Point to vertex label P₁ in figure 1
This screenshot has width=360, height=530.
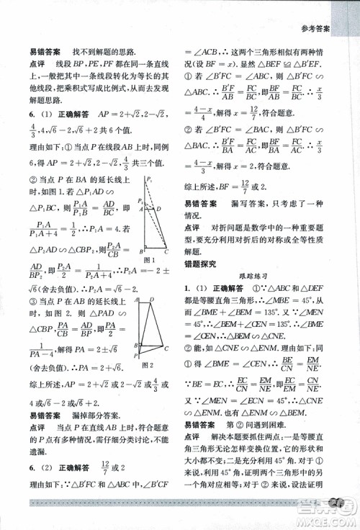(149, 179)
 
